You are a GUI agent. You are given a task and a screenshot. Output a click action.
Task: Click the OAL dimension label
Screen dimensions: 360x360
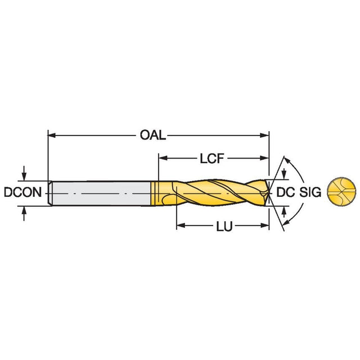point(153,135)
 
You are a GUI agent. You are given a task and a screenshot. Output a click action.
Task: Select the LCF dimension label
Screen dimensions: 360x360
point(211,159)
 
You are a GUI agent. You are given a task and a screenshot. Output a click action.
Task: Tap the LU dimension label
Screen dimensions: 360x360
point(224,227)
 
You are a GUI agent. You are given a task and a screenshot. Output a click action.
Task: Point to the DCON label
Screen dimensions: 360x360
point(22,192)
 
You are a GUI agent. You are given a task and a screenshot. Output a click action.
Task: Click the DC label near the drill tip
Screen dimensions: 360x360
point(285,192)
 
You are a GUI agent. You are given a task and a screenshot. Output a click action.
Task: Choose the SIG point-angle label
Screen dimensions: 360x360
point(310,192)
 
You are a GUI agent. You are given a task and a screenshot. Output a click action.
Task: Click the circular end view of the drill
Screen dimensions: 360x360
point(341,191)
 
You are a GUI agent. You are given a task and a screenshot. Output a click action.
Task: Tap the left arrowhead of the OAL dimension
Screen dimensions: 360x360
point(52,136)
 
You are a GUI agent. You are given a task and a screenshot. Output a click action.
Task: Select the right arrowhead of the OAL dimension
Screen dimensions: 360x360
point(265,136)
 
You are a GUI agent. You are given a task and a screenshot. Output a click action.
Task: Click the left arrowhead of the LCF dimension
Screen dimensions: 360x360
point(163,158)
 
